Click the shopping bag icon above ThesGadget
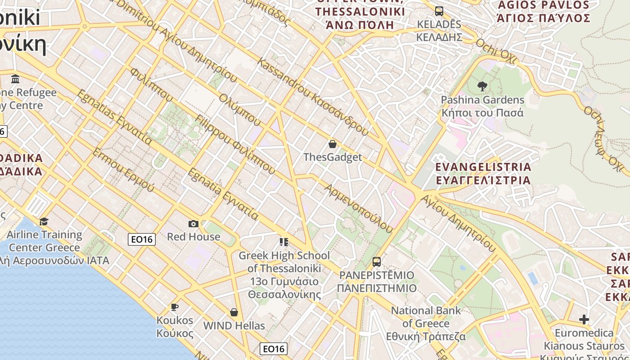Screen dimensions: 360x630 pyautogui.click(x=332, y=144)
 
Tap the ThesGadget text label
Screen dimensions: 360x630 pyautogui.click(x=332, y=157)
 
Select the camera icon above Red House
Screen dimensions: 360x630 pyautogui.click(x=193, y=224)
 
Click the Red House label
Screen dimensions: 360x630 pyautogui.click(x=193, y=237)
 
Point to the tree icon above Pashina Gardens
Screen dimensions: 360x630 pyautogui.click(x=482, y=86)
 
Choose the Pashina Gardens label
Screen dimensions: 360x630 pyautogui.click(x=482, y=106)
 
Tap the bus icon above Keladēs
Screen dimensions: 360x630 pyautogui.click(x=439, y=11)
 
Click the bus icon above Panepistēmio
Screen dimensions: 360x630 pyautogui.click(x=377, y=261)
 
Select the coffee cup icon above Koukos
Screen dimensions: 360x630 pyautogui.click(x=175, y=307)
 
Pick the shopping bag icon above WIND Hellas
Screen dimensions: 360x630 pyautogui.click(x=234, y=312)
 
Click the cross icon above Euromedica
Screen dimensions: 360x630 pyautogui.click(x=584, y=319)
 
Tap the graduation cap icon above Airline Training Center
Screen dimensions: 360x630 pyautogui.click(x=44, y=221)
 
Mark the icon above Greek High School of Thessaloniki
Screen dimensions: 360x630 pyautogui.click(x=283, y=242)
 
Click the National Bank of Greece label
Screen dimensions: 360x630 pyautogui.click(x=426, y=323)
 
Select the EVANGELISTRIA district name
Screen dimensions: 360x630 pyautogui.click(x=483, y=174)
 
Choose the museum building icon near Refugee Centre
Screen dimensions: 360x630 pyautogui.click(x=16, y=79)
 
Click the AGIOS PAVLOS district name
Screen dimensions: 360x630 pyautogui.click(x=543, y=12)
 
